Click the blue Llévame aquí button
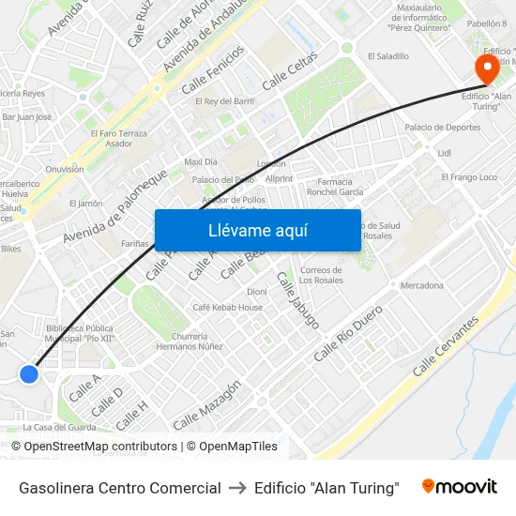[x=257, y=231]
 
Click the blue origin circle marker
[x=29, y=374]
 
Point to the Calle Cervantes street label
[x=446, y=346]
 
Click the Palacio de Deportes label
[x=443, y=127]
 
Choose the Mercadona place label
[x=421, y=285]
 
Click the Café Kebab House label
[x=227, y=307]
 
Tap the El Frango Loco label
[x=469, y=177]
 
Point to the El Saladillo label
[x=388, y=56]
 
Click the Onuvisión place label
[x=65, y=169]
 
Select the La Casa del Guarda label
[x=61, y=427]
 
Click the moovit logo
[x=459, y=487]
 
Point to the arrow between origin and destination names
[x=237, y=488]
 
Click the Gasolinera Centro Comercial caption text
[x=120, y=488]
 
